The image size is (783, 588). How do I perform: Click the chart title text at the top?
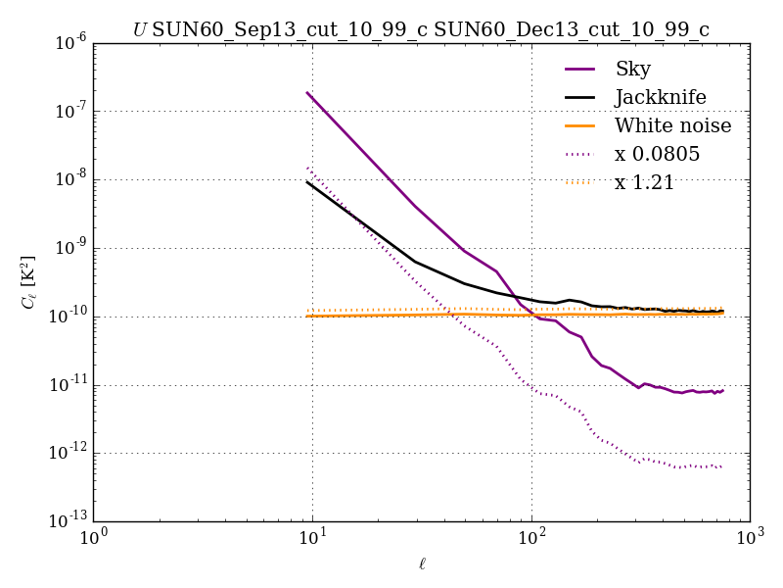click(421, 29)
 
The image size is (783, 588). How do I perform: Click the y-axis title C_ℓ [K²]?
click(28, 282)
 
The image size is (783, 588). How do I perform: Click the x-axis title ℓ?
click(421, 563)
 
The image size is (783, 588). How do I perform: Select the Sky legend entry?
click(632, 69)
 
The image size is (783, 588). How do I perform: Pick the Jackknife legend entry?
click(660, 97)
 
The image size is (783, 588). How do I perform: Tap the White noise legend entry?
click(672, 125)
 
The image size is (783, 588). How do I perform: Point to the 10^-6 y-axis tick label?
click(70, 42)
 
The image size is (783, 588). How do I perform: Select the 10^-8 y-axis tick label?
click(70, 179)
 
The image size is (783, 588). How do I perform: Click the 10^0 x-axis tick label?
click(94, 538)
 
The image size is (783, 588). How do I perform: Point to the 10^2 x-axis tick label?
click(531, 538)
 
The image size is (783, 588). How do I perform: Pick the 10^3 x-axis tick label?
click(750, 538)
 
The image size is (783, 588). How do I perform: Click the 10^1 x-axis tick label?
click(313, 538)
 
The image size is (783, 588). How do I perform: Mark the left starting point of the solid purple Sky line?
click(307, 93)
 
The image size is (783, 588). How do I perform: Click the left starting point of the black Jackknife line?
click(307, 181)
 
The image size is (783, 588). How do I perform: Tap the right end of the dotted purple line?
click(722, 466)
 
